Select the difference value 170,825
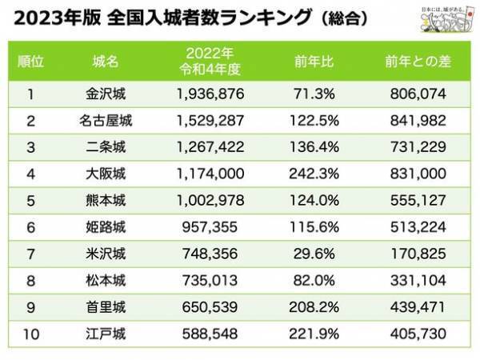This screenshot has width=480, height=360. tap(418, 259)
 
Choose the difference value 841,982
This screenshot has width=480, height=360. tap(418, 122)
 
